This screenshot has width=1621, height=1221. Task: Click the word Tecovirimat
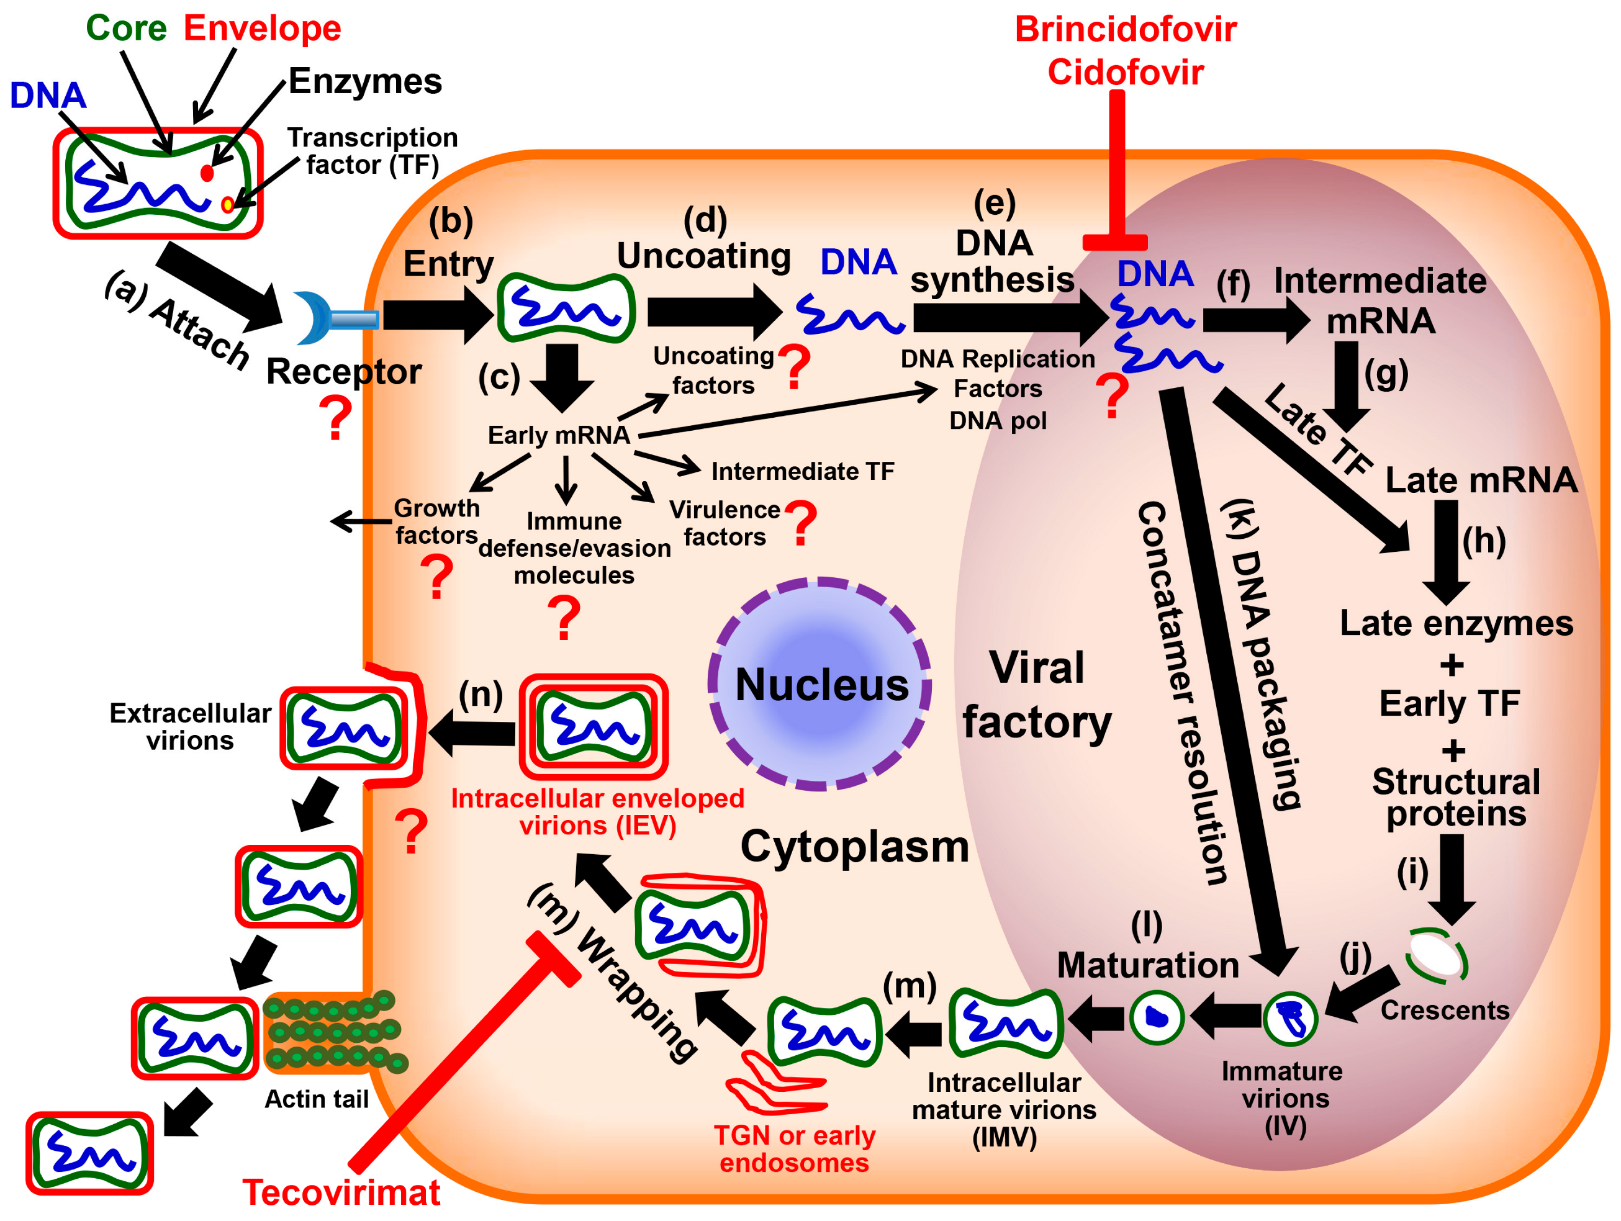click(341, 1192)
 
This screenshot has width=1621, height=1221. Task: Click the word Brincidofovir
click(1126, 29)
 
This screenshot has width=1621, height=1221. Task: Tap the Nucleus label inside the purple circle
click(821, 685)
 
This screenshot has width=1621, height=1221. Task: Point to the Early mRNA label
click(558, 435)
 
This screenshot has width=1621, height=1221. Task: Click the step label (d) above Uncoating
click(705, 220)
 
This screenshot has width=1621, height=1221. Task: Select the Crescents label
click(1445, 1011)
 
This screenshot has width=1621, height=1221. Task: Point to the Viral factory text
click(1036, 695)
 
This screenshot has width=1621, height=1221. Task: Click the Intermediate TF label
click(803, 471)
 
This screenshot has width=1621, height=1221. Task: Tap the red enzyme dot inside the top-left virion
click(207, 173)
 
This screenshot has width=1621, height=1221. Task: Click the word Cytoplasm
click(854, 847)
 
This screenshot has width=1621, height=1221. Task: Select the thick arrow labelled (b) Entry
click(438, 315)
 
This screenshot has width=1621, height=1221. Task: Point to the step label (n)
click(481, 693)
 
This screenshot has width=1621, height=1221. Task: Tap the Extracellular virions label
click(190, 726)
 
